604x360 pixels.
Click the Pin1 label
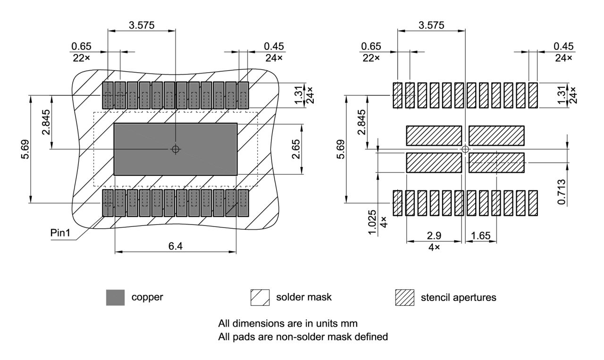pos(60,234)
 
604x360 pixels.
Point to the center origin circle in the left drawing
pos(176,149)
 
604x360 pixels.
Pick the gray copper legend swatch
pos(116,298)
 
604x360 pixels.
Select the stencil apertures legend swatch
pos(403,298)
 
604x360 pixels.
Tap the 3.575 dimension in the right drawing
pos(431,25)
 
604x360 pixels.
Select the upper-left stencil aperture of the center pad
pos(434,135)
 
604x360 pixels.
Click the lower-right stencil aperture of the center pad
pos(496,163)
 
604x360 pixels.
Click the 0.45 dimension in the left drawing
pos(274,46)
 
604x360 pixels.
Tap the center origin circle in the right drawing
pos(465,149)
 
